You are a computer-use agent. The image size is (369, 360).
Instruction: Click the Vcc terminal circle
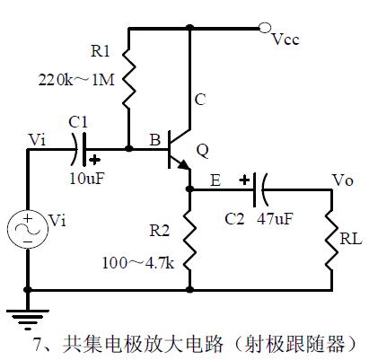point(265,28)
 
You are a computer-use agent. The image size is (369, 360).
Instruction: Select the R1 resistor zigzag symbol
point(129,78)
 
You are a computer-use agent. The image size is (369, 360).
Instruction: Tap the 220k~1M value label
point(76,80)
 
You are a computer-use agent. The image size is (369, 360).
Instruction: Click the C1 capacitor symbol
point(79,149)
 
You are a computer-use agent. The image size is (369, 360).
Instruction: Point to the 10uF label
point(88,179)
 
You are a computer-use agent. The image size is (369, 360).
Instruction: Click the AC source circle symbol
point(28,229)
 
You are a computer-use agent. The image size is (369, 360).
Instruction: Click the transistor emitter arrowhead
point(183,164)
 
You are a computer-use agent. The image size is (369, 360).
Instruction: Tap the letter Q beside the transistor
point(202,151)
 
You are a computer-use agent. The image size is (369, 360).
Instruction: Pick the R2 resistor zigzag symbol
point(189,240)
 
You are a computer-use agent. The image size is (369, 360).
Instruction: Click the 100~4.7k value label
point(138,263)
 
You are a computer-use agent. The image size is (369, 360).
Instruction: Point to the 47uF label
point(275,219)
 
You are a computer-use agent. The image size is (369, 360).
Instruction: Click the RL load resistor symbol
point(331,240)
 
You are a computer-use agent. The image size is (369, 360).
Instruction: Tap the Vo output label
point(343,180)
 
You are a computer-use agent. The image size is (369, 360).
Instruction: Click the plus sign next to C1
point(95,160)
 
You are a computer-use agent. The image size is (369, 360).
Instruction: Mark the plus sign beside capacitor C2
point(244,180)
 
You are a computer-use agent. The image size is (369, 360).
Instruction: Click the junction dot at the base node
point(128,148)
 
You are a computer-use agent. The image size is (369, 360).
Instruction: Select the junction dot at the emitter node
point(189,189)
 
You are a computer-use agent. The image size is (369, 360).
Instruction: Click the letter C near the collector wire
point(200,100)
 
